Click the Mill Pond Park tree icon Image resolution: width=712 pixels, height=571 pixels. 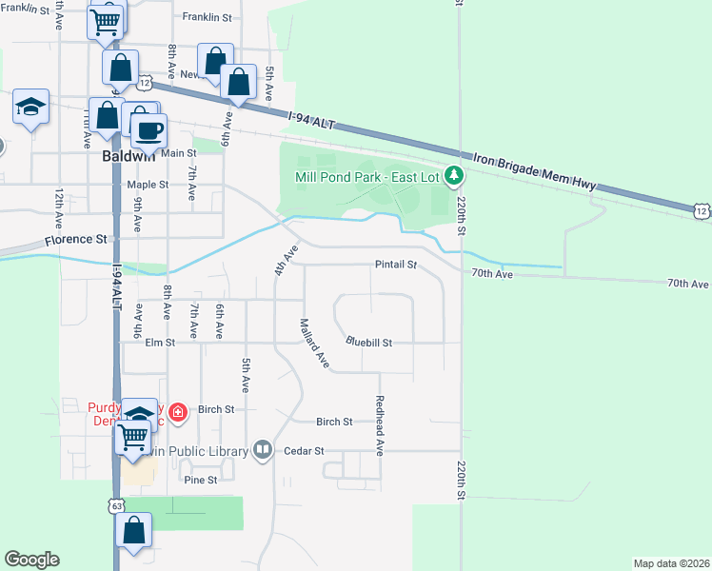tap(455, 174)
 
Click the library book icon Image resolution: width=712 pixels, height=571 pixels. tap(264, 450)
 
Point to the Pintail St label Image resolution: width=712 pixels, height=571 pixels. tap(396, 265)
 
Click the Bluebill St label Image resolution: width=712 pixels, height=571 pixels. tap(369, 341)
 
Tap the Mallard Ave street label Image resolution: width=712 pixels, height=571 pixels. tap(315, 345)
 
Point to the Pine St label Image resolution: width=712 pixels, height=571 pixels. tap(200, 481)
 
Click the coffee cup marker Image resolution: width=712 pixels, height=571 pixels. tap(146, 130)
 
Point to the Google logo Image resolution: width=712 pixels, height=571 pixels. tap(31, 560)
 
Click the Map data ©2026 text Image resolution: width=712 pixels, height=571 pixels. tap(672, 562)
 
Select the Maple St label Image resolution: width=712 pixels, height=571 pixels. tap(148, 185)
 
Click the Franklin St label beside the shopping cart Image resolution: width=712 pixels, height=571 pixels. tap(207, 17)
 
